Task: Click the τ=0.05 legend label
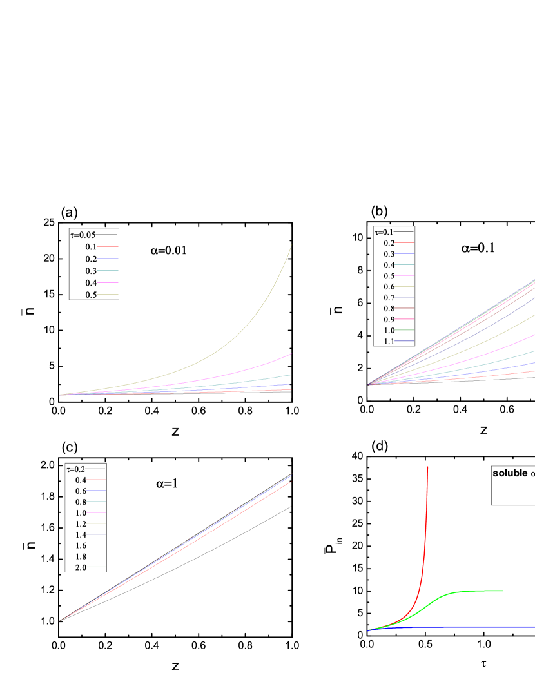[83, 235]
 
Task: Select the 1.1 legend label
[389, 342]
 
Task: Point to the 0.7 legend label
[389, 298]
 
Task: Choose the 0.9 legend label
[389, 320]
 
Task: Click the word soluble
[510, 473]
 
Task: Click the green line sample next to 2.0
[97, 567]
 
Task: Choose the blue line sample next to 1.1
[405, 342]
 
